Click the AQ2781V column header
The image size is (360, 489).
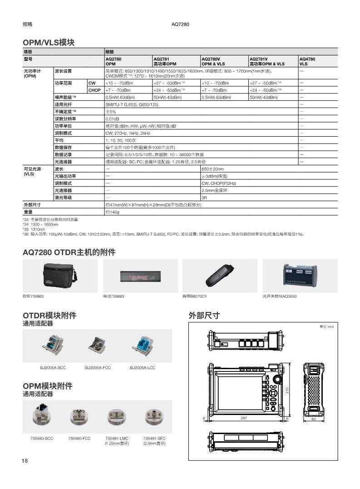[267, 62]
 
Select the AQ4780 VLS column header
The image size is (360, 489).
[307, 62]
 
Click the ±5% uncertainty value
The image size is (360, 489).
[111, 112]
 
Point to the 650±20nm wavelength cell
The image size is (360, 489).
[212, 169]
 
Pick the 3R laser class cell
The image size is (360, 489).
[204, 198]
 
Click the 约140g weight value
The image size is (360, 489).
[112, 212]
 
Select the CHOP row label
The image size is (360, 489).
[94, 90]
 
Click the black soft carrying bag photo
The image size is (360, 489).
[60, 276]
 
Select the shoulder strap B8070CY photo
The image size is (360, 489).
[219, 276]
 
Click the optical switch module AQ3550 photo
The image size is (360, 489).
[300, 276]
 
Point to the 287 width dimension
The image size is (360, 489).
[244, 418]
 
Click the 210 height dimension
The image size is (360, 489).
[287, 390]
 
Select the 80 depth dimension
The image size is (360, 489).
[313, 420]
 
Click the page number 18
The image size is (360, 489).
[25, 461]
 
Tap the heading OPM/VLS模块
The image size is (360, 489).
[49, 42]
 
